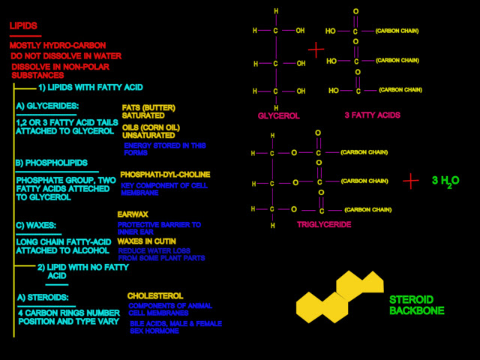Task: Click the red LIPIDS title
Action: [23, 26]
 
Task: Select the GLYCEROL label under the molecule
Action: [278, 116]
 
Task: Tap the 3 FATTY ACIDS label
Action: [372, 116]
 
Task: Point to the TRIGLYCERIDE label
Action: [323, 225]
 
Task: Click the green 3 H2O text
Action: [445, 181]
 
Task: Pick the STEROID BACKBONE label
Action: [417, 304]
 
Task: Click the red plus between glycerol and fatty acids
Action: [316, 49]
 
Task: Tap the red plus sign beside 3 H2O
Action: [410, 181]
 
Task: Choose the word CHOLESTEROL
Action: [155, 296]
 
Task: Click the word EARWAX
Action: [133, 214]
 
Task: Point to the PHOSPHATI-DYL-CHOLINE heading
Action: [165, 175]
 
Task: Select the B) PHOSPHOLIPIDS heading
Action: [51, 163]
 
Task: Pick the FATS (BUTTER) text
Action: [148, 107]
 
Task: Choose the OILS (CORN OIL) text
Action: [151, 127]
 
